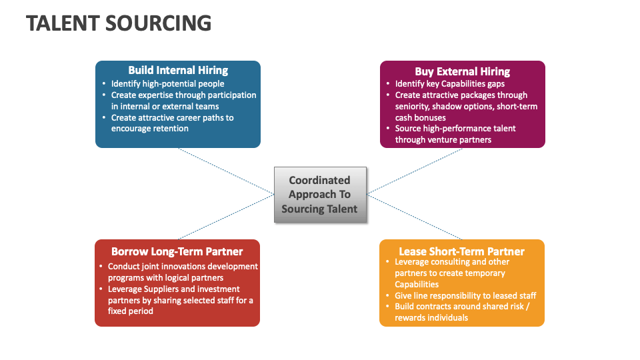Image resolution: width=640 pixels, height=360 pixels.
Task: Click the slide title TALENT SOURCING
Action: coord(119,23)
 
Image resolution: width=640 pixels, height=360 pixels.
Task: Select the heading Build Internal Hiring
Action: coord(178,71)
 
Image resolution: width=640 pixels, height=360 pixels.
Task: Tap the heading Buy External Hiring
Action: coord(462,71)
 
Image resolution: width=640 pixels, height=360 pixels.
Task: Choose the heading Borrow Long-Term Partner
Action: coord(177,251)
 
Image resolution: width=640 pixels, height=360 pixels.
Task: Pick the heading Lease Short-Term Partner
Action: coord(461,251)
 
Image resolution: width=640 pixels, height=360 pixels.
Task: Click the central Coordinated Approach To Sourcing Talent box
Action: coord(320,195)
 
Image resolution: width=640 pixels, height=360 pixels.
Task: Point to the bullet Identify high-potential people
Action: coord(167,84)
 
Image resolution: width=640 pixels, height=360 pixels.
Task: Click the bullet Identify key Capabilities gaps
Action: coord(449,84)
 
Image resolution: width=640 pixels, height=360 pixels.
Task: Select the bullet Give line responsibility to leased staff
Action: coord(465,295)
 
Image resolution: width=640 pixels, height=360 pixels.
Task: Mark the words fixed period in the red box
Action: coord(131,311)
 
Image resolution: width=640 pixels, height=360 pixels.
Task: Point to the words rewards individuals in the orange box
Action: coord(431,317)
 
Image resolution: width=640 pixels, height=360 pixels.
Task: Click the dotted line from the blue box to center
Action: coord(227,171)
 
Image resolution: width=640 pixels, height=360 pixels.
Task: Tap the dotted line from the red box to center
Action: coord(227,217)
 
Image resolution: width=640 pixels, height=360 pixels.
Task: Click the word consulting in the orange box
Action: coord(449,262)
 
